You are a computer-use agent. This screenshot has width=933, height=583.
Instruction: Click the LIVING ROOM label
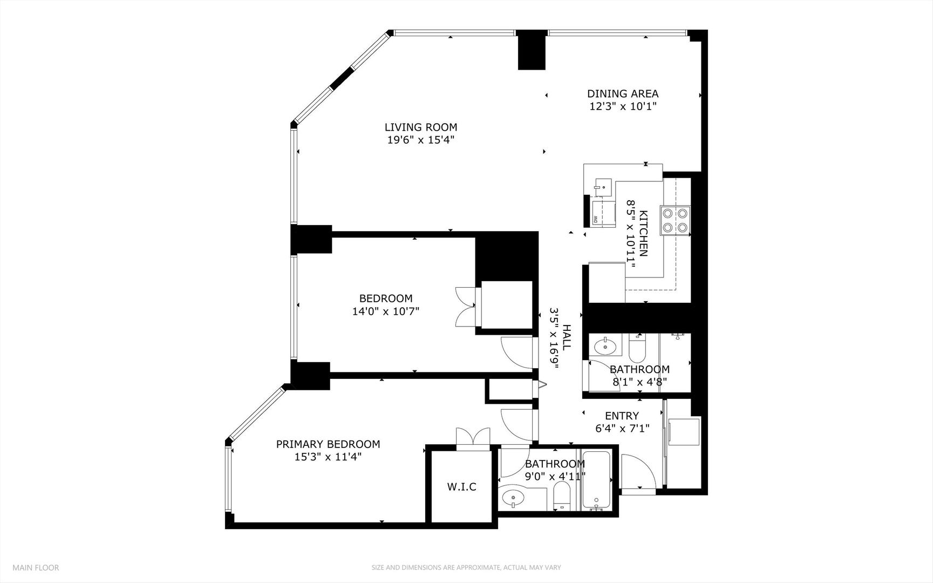(420, 127)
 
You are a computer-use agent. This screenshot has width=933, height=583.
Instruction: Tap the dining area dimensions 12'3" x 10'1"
(622, 106)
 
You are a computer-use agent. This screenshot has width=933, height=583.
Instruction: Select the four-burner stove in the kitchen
(675, 220)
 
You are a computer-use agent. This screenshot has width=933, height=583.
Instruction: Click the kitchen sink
(603, 187)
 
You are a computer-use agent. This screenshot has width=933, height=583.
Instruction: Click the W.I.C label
(461, 487)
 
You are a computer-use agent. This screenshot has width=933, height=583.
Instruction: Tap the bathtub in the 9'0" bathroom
(596, 479)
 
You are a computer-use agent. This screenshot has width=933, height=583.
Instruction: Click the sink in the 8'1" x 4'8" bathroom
(604, 346)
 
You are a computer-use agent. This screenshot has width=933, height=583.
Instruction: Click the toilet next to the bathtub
(562, 495)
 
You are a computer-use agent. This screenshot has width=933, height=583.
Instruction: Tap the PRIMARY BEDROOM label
(328, 444)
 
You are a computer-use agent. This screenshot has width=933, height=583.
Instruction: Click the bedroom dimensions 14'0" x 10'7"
(385, 311)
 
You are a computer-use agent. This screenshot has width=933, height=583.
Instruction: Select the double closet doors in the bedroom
(465, 307)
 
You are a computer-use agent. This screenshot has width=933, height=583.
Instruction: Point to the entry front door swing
(638, 471)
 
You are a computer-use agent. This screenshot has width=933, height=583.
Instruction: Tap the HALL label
(567, 337)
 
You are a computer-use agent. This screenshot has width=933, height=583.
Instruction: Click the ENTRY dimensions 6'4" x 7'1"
(622, 429)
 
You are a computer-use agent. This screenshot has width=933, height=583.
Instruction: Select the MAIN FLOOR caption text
(36, 567)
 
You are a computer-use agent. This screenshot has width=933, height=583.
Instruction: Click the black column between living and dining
(532, 50)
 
